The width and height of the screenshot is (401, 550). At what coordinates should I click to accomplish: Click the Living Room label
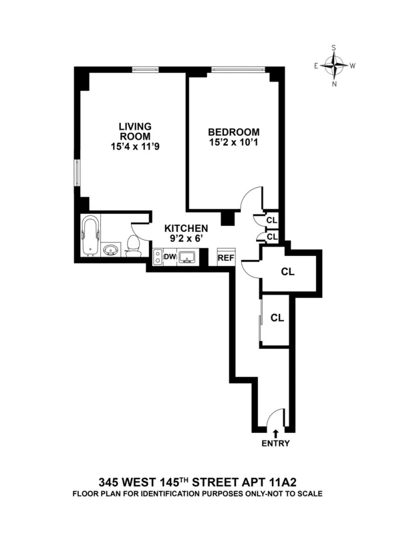135,130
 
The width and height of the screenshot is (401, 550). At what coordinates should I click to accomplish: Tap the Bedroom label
233,132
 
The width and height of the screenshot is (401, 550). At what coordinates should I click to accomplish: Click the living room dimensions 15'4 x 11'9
135,146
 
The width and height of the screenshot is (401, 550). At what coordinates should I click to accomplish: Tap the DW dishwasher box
169,257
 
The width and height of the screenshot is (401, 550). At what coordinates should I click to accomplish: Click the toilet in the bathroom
133,246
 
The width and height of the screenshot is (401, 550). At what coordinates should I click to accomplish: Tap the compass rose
333,65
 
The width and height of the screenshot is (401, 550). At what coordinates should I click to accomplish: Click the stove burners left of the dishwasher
158,257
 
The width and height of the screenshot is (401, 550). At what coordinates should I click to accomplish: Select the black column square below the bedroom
228,218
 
